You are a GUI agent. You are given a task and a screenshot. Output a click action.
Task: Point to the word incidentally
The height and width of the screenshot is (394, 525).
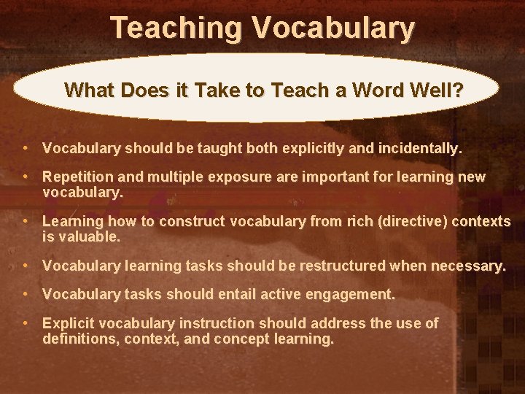[420, 149]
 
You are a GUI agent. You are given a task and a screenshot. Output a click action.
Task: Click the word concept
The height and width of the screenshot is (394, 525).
[253, 339]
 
